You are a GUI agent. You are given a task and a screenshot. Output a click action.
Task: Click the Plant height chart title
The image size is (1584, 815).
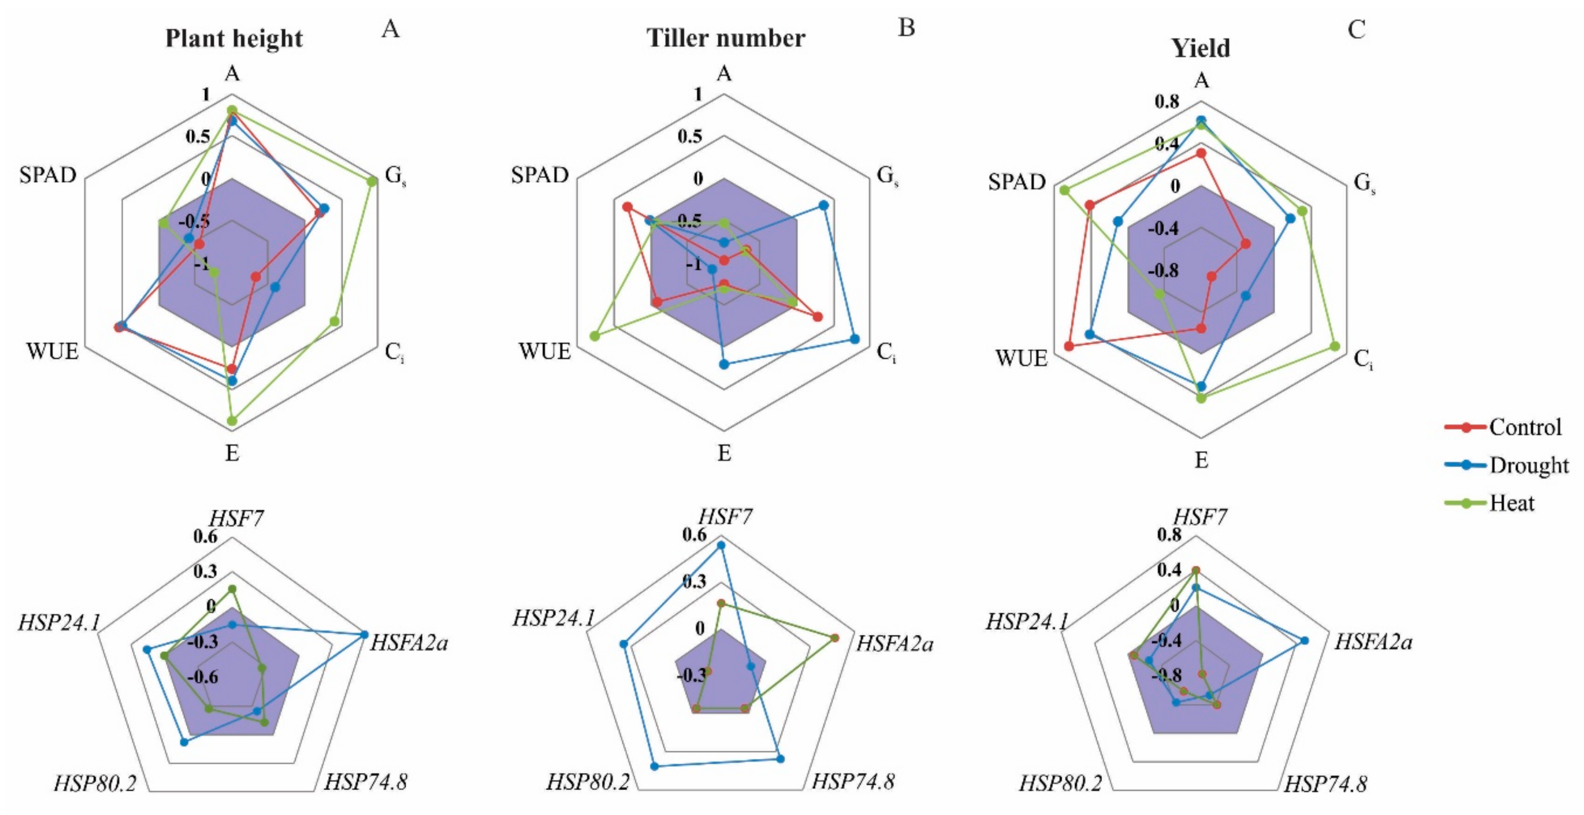[x=234, y=38]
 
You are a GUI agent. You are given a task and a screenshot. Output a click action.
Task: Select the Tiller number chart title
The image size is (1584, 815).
[x=725, y=38]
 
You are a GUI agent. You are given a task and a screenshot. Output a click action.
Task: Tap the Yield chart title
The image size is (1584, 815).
[x=1200, y=48]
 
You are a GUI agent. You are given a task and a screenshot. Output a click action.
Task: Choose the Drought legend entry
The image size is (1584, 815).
[x=1528, y=465]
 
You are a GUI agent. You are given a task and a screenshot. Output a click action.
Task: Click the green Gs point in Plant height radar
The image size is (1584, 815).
[x=372, y=181]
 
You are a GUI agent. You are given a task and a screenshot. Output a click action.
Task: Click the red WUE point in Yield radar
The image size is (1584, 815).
[x=1069, y=347]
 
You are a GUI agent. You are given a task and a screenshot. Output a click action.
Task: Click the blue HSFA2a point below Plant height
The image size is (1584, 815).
[x=364, y=634]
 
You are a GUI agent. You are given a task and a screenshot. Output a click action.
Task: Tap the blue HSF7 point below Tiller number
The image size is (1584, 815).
[x=721, y=545]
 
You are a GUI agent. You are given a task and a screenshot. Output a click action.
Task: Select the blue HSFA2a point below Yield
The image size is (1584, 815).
[x=1305, y=640]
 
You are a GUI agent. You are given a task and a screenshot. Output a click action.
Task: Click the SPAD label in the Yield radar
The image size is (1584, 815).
[x=1016, y=182]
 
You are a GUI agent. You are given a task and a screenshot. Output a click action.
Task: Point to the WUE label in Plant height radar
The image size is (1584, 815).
[x=52, y=352]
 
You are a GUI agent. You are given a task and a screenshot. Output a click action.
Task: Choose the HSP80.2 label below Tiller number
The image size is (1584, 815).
[x=587, y=782]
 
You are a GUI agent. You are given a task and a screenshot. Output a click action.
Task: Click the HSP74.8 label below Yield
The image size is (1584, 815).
[x=1326, y=784]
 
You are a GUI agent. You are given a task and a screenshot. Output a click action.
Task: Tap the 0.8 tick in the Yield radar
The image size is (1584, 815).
[x=1167, y=101]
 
